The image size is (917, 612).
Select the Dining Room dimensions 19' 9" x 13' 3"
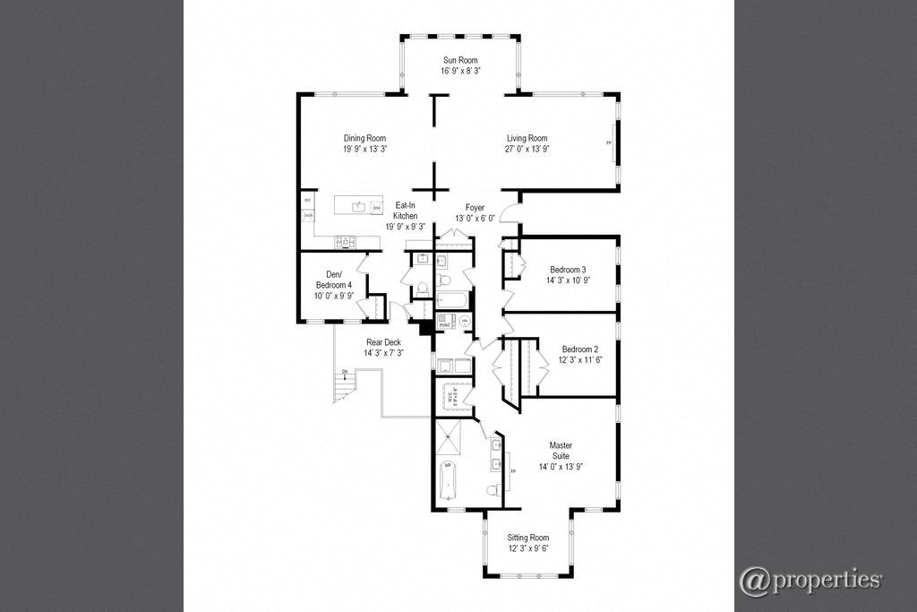(x=365, y=149)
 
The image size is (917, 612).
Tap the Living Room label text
(x=527, y=138)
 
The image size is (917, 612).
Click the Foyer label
(x=475, y=208)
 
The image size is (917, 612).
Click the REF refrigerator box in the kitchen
(x=307, y=201)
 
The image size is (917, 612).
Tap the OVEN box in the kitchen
(x=307, y=216)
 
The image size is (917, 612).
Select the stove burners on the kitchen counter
(x=346, y=241)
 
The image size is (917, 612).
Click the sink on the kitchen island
(x=358, y=206)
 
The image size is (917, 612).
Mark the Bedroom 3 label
(x=569, y=270)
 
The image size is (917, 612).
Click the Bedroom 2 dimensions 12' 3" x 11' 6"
(x=579, y=360)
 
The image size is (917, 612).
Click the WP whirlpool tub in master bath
(x=448, y=480)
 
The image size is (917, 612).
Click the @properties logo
(x=810, y=580)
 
